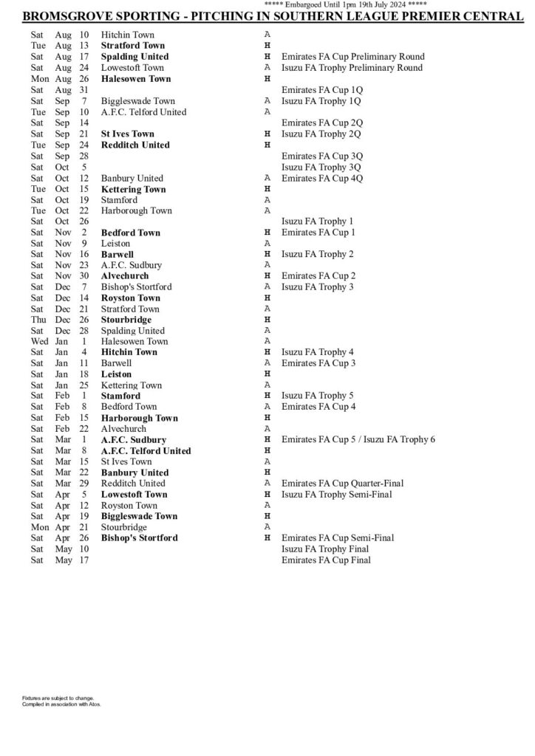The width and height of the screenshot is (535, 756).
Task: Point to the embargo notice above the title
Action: pos(344,5)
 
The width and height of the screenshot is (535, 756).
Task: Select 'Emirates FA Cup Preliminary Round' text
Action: pos(352,57)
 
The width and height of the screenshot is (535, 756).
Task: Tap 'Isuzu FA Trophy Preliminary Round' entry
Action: pos(352,68)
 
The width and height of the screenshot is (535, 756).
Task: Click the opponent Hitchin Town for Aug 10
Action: pos(128,35)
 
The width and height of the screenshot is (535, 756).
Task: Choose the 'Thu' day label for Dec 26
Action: pos(39,320)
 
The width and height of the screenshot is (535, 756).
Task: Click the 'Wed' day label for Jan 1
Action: pos(40,342)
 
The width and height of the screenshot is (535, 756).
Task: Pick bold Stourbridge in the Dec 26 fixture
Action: pos(126,320)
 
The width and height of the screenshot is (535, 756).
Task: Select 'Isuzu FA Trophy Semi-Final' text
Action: pos(336,495)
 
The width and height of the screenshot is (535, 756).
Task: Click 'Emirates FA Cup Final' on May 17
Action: pos(326,560)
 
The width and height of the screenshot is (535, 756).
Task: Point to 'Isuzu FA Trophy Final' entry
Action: pos(325,549)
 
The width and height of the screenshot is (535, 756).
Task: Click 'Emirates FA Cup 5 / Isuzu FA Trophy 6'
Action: pos(358,440)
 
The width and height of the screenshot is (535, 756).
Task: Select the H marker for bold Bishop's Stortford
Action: pos(267,538)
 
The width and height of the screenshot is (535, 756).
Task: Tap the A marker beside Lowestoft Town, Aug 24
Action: pos(267,68)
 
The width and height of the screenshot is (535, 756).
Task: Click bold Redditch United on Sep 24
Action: pos(135,145)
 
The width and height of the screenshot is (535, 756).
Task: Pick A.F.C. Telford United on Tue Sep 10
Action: pos(143,112)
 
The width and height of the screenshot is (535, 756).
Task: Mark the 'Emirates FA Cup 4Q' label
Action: pos(322,178)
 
